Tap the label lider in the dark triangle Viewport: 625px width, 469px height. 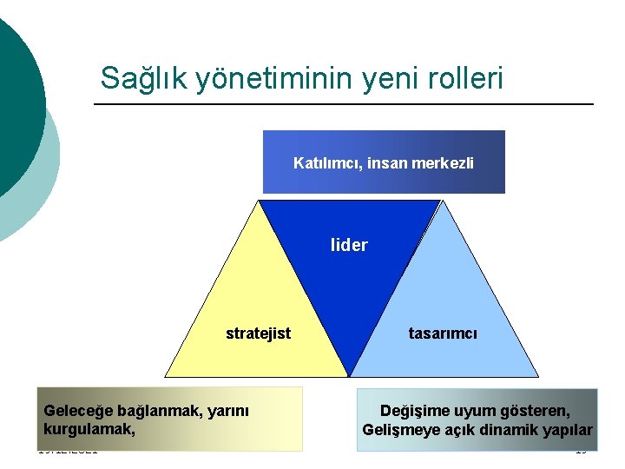tap(349, 246)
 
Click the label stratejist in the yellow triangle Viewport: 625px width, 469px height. tap(258, 334)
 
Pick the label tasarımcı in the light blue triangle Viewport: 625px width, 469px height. tap(443, 334)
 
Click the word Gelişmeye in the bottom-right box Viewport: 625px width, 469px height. tap(399, 430)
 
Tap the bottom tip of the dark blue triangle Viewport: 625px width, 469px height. tap(348, 375)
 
